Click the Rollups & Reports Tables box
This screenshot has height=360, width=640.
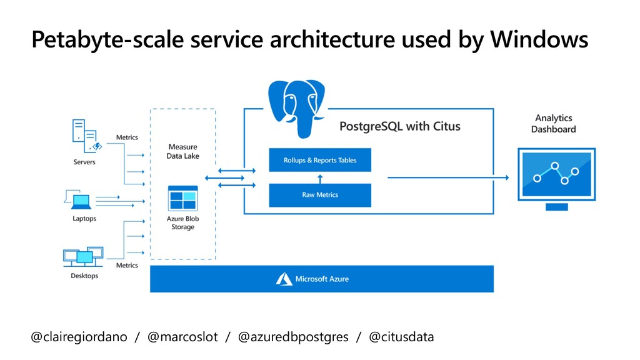coord(320,160)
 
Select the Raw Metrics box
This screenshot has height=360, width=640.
coord(320,195)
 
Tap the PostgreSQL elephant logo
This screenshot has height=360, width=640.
coord(297,109)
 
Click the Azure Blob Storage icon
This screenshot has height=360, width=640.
coord(183,198)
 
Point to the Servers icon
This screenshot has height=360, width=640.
coord(86,136)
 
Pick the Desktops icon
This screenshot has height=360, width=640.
coord(83,257)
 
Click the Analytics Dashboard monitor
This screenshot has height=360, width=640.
coord(557,179)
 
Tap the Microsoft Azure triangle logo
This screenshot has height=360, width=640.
coord(284,279)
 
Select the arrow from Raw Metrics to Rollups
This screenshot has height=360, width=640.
coord(320,179)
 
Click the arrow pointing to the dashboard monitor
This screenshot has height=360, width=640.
coord(448,177)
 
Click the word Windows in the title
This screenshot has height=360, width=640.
coord(539,39)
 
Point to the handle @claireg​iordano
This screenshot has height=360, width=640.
coord(79,337)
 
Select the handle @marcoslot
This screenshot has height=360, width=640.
coord(182,337)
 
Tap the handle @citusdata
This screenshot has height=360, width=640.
coord(401,337)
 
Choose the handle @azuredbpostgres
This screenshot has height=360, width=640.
coord(293,337)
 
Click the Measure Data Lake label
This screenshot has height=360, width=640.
coord(183,151)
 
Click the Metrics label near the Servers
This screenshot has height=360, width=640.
coord(127,137)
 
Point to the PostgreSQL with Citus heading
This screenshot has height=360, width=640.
coord(399,126)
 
